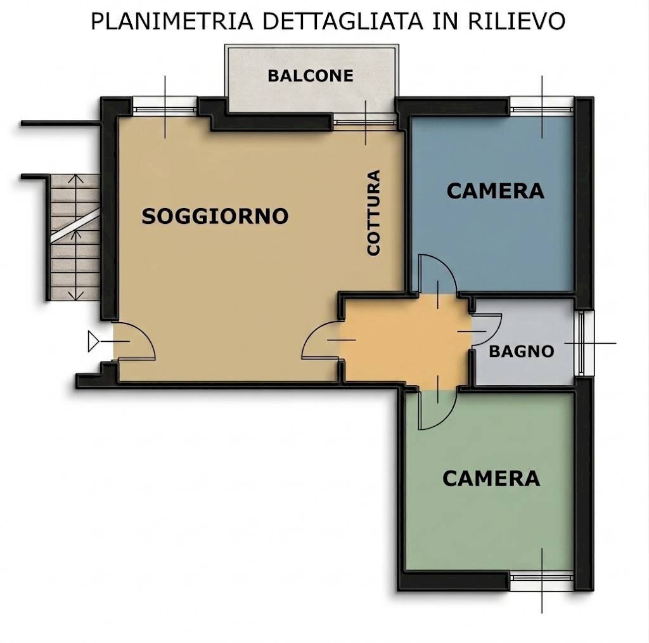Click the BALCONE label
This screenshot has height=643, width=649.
(310, 76)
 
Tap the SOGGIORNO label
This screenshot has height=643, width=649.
(215, 216)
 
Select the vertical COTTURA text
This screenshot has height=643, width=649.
(374, 212)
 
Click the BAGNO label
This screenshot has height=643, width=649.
(522, 351)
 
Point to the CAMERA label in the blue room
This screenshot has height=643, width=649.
(495, 190)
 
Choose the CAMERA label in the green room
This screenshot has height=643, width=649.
(491, 478)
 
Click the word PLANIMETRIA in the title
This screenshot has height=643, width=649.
(171, 21)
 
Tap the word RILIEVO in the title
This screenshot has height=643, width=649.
(517, 21)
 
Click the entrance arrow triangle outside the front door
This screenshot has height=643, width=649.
(94, 342)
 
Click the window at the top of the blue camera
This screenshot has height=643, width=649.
(542, 106)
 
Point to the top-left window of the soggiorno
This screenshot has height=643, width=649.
(165, 106)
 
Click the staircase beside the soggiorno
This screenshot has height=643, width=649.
(75, 238)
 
